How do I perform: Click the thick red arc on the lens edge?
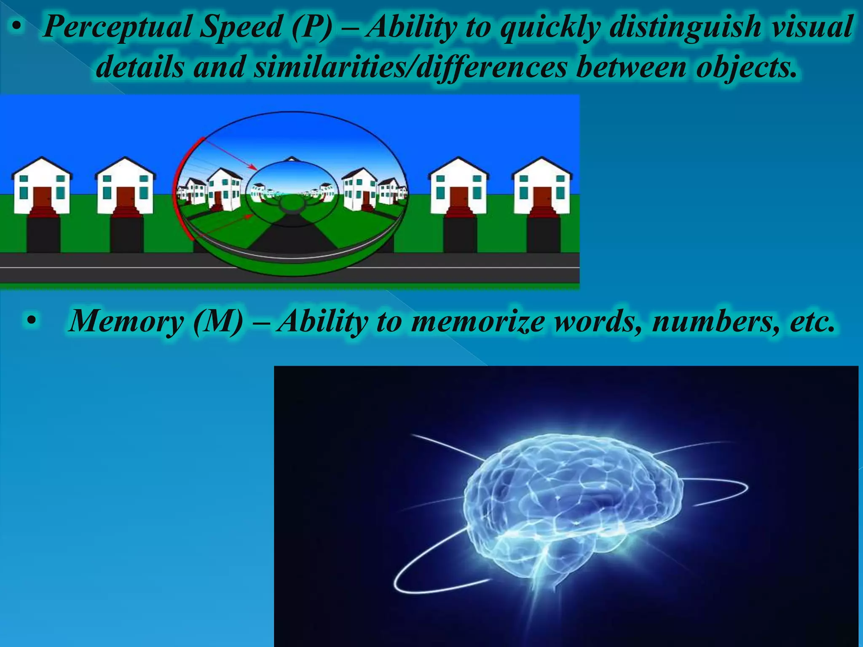click(179, 190)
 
